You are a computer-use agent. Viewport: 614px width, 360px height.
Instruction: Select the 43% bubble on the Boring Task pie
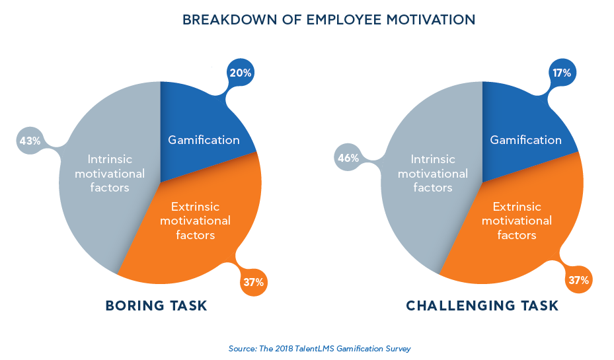[30, 141]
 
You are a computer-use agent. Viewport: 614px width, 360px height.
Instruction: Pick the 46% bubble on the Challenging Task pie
[349, 158]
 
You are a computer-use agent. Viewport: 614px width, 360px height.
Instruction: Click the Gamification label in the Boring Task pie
[204, 140]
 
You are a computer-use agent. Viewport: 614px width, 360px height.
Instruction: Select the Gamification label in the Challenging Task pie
[525, 140]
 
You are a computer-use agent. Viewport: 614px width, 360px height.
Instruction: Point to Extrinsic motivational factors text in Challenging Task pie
[516, 221]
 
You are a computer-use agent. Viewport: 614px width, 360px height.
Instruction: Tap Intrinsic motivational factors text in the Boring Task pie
[110, 174]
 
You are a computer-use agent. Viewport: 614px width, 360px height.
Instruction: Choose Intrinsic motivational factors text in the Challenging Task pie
[433, 174]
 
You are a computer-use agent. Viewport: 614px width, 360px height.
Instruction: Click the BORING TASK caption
[156, 306]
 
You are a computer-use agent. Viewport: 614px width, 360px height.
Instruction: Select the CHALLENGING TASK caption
[482, 306]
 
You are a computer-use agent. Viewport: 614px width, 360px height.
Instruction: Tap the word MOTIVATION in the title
[430, 20]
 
